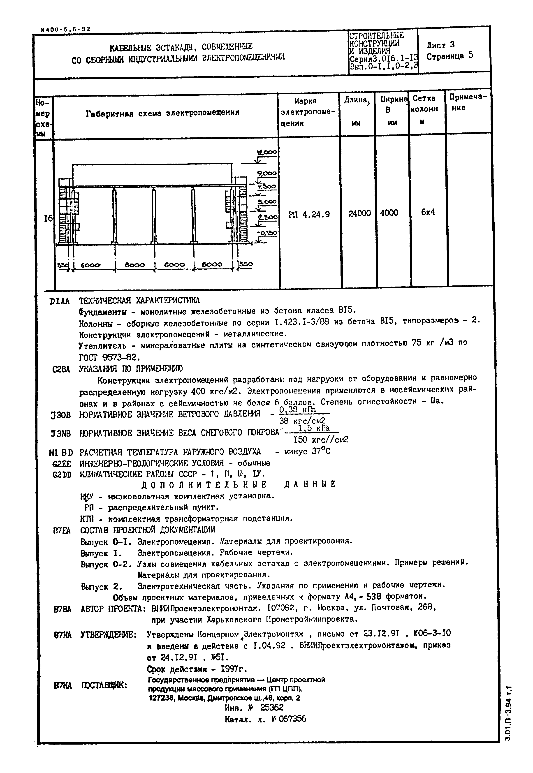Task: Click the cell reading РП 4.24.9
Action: pos(309,214)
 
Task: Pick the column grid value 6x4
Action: pos(428,212)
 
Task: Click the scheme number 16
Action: pos(48,218)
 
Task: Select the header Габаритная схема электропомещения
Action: pos(163,113)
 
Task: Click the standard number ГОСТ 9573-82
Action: pos(108,357)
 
